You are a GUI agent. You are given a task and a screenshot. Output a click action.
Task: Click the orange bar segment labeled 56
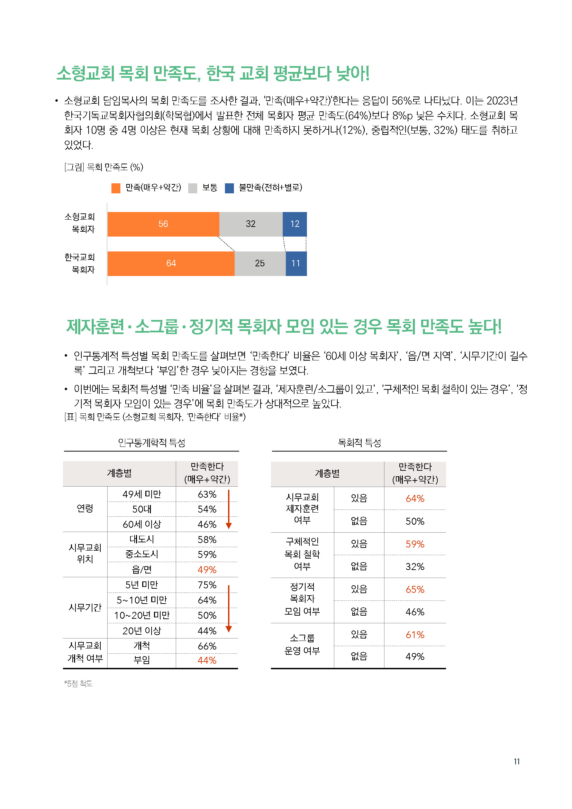[x=163, y=224]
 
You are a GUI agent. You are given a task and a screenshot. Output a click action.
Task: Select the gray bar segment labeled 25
[x=260, y=264]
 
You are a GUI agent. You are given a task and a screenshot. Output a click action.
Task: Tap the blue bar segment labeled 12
[x=294, y=224]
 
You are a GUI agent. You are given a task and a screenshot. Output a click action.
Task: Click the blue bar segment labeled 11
[x=296, y=264]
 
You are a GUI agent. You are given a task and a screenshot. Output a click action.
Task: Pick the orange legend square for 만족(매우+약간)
[x=116, y=188]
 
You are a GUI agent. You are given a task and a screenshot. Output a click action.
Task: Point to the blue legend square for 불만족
[x=229, y=188]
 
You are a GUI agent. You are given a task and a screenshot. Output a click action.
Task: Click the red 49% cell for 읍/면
[x=207, y=570]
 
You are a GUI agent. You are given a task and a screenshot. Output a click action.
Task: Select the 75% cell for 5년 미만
[x=207, y=585]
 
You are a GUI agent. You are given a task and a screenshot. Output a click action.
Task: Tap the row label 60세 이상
[x=142, y=524]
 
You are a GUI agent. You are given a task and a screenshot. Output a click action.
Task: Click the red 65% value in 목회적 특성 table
[x=415, y=589]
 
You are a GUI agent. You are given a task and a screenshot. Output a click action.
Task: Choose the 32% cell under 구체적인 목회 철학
[x=415, y=567]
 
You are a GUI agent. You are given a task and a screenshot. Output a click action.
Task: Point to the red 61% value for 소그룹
[x=415, y=635]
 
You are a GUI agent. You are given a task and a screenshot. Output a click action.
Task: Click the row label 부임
[x=142, y=660]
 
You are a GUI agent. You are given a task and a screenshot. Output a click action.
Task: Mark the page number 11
[x=517, y=762]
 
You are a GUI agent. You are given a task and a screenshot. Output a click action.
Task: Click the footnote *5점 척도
[x=78, y=684]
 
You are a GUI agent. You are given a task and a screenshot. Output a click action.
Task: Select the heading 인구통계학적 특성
[x=152, y=443]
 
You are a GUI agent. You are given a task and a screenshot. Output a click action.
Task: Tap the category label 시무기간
[x=85, y=607]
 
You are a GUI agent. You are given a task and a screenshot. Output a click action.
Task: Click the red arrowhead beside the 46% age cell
[x=229, y=526]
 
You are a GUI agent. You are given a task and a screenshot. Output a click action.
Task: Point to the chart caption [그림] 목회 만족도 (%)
[x=103, y=167]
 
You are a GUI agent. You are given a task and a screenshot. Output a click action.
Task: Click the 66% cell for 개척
[x=207, y=646]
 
